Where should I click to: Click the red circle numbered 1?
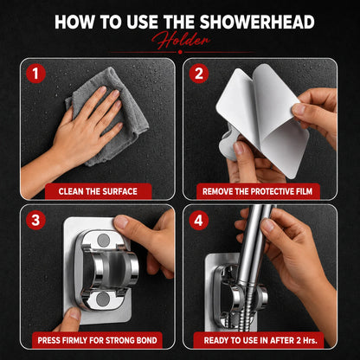pyautogui.click(x=35, y=74)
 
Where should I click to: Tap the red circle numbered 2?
pyautogui.click(x=199, y=74)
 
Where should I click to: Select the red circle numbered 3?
pyautogui.click(x=35, y=220)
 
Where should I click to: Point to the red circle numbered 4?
pyautogui.click(x=199, y=220)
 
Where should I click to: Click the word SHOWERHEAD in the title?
pyautogui.click(x=257, y=22)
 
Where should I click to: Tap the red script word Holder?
pyautogui.click(x=181, y=40)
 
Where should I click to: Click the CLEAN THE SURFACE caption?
pyautogui.click(x=98, y=191)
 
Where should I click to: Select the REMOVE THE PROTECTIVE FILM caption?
pyautogui.click(x=257, y=191)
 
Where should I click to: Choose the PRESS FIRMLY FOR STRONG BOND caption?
pyautogui.click(x=97, y=340)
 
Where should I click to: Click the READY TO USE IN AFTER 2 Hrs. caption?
pyautogui.click(x=260, y=340)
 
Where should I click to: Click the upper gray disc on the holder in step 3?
pyautogui.click(x=104, y=241)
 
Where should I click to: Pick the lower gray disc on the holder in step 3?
pyautogui.click(x=103, y=299)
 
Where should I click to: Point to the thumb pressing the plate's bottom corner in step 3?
pyautogui.click(x=70, y=318)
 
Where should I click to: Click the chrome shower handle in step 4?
pyautogui.click(x=254, y=245)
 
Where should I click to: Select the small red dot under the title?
pyautogui.click(x=180, y=52)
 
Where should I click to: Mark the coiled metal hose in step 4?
pyautogui.click(x=244, y=309)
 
